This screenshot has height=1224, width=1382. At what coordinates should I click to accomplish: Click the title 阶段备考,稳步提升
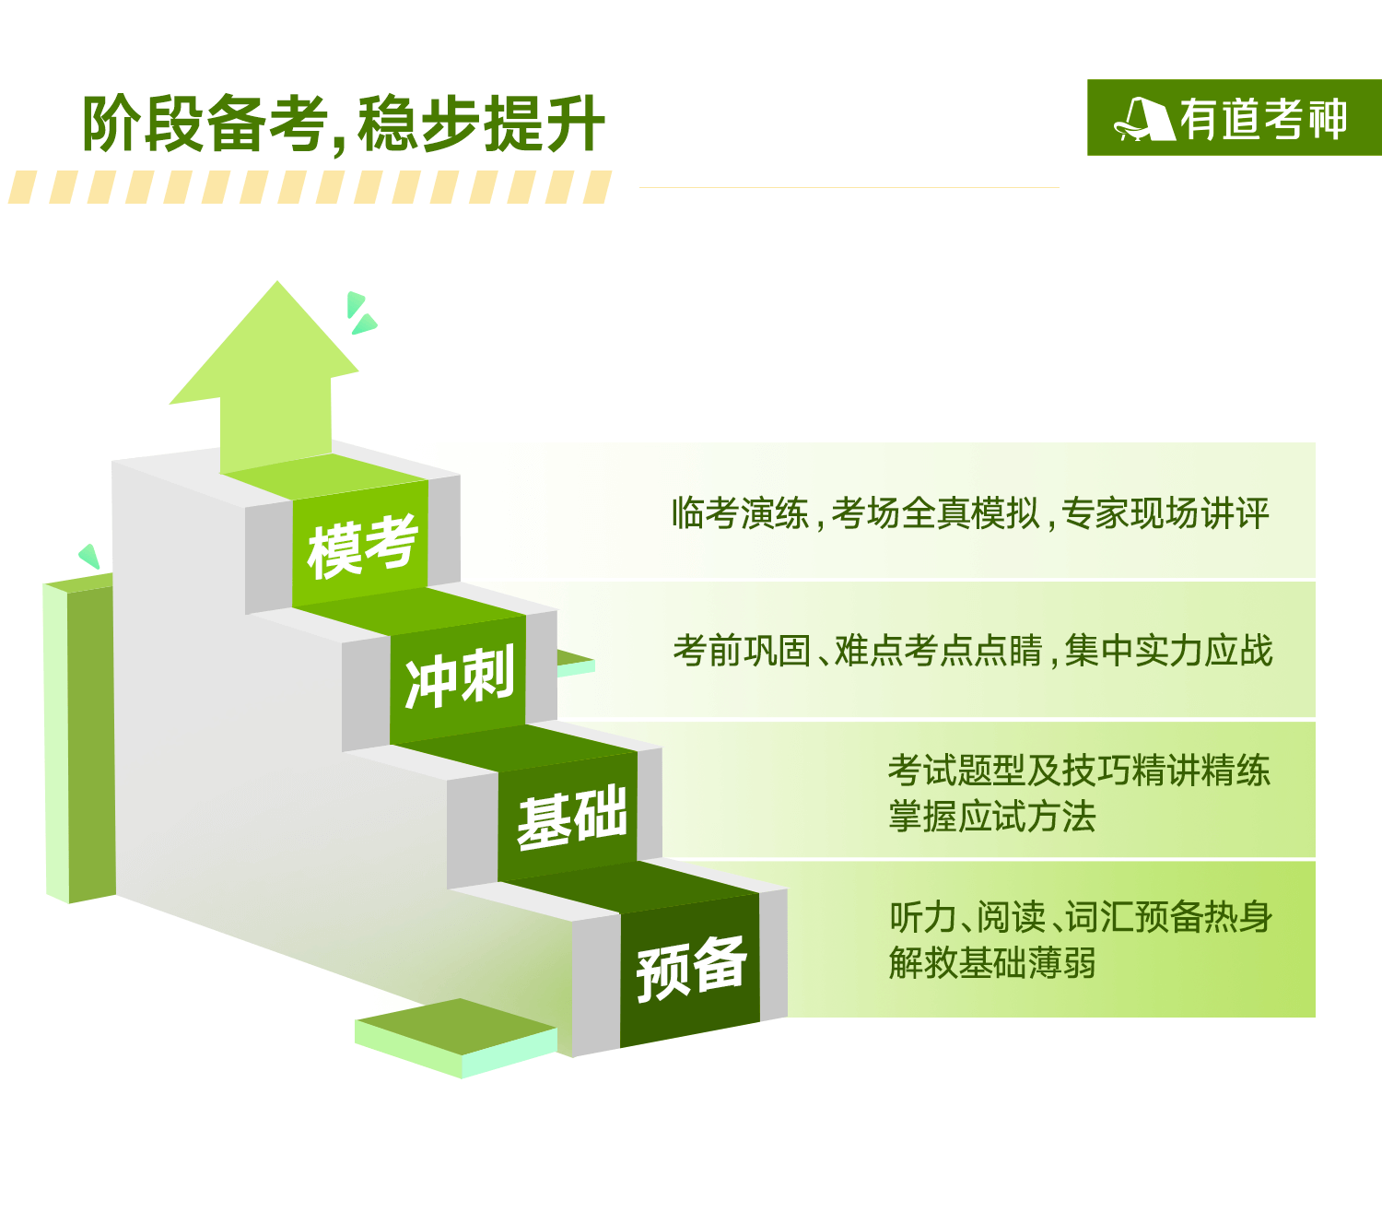click(343, 124)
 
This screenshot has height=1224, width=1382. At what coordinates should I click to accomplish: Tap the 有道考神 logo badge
click(1234, 117)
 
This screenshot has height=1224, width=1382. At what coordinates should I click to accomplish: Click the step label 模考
click(362, 546)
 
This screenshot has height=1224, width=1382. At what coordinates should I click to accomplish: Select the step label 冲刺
click(459, 677)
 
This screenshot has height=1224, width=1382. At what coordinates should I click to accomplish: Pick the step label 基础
click(571, 817)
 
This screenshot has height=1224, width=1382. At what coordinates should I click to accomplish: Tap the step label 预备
click(691, 968)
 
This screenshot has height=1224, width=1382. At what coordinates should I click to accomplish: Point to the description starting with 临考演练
click(970, 513)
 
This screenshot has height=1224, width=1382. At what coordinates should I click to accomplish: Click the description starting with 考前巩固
click(973, 650)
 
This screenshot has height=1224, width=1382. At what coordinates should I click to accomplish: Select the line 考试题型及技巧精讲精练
click(1079, 771)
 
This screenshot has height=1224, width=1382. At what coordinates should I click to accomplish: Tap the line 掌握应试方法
click(992, 816)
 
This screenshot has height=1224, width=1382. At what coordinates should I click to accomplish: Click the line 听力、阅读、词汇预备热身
click(1081, 916)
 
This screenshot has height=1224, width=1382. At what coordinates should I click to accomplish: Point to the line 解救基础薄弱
click(992, 962)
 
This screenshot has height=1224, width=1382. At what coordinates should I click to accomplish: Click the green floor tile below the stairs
click(456, 1038)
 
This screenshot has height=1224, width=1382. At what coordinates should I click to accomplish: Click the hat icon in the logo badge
click(1144, 120)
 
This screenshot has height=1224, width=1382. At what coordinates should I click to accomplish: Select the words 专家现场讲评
click(1165, 513)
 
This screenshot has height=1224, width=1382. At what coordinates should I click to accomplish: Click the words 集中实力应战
click(1168, 650)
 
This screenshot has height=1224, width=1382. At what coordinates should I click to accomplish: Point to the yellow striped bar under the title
click(310, 187)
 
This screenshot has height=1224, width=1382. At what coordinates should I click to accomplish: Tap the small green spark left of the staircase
click(89, 556)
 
